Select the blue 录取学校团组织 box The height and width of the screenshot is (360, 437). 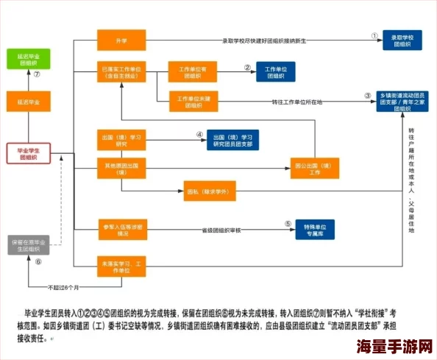[x=406, y=40]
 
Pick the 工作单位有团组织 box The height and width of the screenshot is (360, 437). [x=191, y=72]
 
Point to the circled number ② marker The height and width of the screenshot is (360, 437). [x=248, y=68]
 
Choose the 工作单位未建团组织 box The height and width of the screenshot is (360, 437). [x=191, y=102]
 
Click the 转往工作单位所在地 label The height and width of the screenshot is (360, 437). [x=296, y=102]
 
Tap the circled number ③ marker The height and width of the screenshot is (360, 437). [x=368, y=96]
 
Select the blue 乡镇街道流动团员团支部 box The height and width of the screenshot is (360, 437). [x=405, y=102]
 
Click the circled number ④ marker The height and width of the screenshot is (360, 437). [x=199, y=134]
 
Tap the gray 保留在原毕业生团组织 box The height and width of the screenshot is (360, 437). [x=28, y=246]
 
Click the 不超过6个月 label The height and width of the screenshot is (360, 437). [x=63, y=286]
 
